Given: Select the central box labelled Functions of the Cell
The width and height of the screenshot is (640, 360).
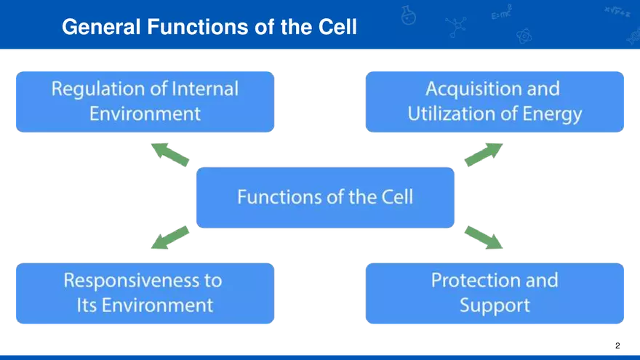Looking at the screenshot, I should [325, 197].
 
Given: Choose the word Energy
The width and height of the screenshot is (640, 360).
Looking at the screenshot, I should [557, 114].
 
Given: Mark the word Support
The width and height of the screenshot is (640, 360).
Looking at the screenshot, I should [495, 305].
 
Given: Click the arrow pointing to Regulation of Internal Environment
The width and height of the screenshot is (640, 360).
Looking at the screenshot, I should [168, 153].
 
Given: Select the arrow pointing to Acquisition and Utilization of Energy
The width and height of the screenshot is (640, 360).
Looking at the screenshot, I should [482, 154].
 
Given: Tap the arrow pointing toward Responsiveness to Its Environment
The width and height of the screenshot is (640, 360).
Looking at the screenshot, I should [169, 238].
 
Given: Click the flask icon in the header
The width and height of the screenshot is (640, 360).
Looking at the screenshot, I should [409, 15].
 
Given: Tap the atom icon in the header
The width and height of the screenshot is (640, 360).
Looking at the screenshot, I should [523, 35].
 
